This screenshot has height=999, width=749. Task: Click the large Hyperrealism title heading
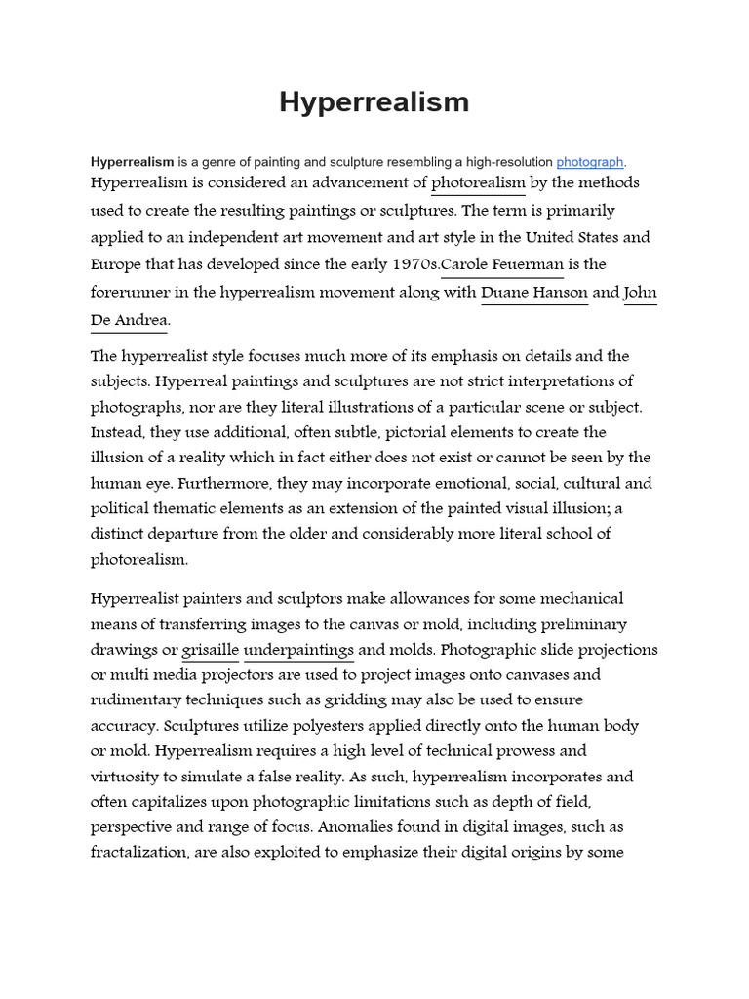point(374,102)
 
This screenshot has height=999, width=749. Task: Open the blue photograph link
point(589,162)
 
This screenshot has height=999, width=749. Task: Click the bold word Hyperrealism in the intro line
point(132,162)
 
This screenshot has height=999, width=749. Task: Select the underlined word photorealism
point(478,182)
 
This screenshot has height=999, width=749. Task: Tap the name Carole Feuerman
point(503,264)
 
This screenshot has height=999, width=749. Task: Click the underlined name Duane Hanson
point(534,292)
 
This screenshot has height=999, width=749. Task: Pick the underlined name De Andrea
point(129,319)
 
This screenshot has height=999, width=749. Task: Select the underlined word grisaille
point(210,650)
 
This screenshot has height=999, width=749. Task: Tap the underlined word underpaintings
point(298,650)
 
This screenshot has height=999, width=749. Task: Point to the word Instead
point(116,432)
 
